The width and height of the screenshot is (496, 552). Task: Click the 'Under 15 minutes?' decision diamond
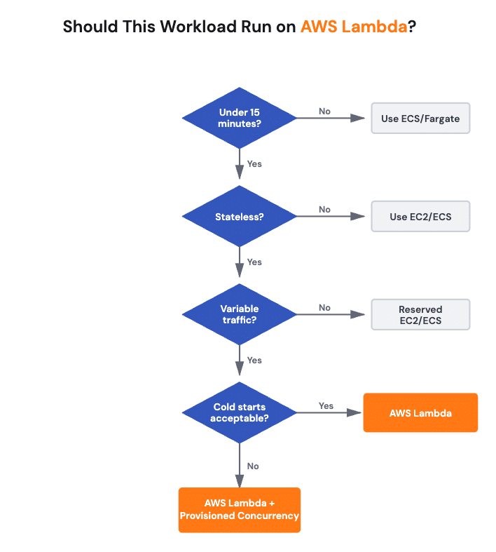240,118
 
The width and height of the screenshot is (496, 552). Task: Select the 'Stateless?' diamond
240,217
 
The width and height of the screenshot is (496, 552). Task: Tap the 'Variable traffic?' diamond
240,314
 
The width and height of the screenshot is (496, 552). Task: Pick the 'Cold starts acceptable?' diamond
240,412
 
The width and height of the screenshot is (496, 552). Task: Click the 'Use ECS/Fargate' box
420,119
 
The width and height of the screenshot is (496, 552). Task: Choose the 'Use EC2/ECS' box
420,217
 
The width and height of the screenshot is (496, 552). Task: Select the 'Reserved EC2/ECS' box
420,315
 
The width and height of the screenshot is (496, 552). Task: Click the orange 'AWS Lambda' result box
420,412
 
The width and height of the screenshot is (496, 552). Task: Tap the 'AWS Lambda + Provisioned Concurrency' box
240,510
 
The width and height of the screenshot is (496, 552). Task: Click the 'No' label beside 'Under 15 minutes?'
324,112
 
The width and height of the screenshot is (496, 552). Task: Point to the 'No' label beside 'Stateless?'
324,210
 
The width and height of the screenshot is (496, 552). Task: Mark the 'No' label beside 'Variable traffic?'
324,308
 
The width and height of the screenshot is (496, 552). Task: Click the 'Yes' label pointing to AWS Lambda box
326,406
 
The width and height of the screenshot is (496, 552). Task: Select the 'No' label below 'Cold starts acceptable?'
253,466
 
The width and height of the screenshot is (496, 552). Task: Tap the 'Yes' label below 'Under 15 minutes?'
254,163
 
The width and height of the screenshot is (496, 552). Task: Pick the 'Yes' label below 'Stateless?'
254,262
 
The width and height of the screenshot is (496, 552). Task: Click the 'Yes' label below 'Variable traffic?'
254,360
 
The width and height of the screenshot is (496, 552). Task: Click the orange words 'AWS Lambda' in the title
354,27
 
